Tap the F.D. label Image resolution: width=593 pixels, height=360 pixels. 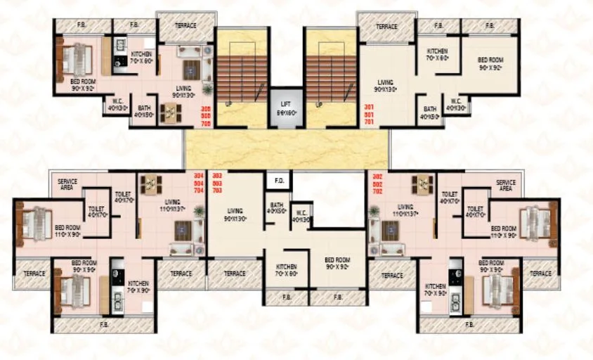click(x=279, y=181)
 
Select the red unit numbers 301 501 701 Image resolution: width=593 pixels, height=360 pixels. click(x=368, y=115)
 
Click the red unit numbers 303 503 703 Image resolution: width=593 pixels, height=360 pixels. click(x=216, y=182)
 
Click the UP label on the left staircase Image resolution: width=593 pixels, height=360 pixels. click(x=229, y=105)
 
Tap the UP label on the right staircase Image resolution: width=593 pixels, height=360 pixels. click(x=319, y=105)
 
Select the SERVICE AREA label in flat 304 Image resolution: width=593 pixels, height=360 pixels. click(x=67, y=185)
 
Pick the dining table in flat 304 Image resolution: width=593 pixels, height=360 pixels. click(x=151, y=184)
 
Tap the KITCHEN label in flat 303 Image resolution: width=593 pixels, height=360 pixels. click(x=286, y=269)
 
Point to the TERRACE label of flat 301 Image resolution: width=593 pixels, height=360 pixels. click(x=386, y=27)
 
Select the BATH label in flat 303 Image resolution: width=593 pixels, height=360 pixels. click(x=276, y=207)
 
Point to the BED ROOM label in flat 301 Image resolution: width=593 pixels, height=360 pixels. click(x=490, y=64)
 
